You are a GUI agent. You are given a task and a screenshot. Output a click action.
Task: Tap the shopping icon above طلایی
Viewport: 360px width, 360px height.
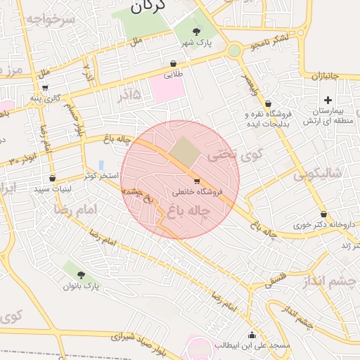tap(174, 63)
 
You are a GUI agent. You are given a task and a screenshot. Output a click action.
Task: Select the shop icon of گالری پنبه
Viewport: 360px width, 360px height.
tap(46, 88)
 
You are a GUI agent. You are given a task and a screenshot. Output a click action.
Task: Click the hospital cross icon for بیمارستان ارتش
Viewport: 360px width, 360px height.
tap(328, 100)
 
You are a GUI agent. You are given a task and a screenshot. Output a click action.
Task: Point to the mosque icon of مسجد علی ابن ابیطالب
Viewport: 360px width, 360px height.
tap(252, 334)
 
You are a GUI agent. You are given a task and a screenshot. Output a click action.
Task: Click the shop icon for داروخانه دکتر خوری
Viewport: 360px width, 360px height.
tap(323, 214)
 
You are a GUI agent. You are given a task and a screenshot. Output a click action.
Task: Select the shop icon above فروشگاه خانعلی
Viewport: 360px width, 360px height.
tap(196, 181)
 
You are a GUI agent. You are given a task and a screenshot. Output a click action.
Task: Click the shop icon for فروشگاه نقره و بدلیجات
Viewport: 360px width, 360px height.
tap(269, 103)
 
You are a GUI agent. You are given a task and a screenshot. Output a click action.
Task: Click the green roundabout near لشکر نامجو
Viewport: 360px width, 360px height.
tap(233, 50)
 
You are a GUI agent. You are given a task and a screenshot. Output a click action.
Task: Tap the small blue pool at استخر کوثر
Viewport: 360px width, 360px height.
tap(101, 165)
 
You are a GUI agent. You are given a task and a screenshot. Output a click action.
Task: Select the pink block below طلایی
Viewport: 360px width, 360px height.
tap(166, 90)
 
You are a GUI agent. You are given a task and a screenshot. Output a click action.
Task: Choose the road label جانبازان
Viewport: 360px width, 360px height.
tap(326, 75)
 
